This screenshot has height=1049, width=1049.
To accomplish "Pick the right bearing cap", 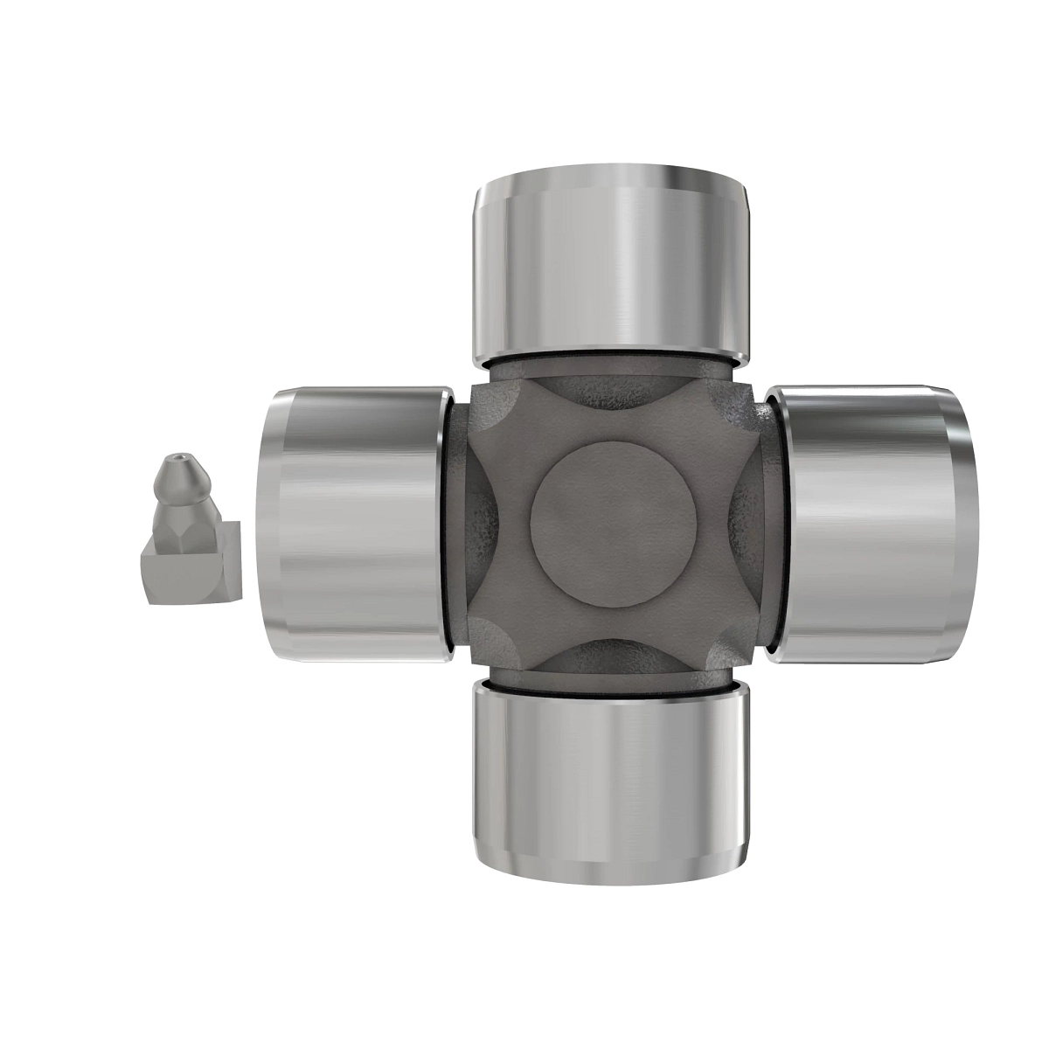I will click(x=870, y=523).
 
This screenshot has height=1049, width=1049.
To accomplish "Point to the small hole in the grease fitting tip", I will click(x=178, y=457).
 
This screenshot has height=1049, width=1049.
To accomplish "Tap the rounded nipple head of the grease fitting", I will click(x=182, y=476).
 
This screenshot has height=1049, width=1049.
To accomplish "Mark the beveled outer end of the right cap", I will click(x=964, y=523).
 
